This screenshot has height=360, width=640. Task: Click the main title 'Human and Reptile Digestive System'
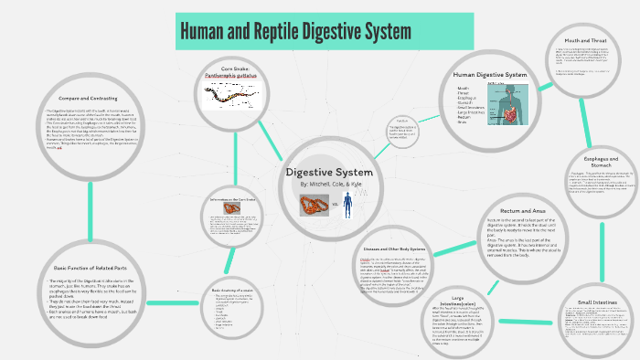pyautogui.click(x=295, y=32)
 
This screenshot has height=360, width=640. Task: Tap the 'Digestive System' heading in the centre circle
pyautogui.click(x=329, y=172)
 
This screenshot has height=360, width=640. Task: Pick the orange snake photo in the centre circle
pyautogui.click(x=315, y=205)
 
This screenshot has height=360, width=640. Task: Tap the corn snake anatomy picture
pyautogui.click(x=236, y=96)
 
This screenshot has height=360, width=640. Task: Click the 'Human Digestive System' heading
pyautogui.click(x=490, y=74)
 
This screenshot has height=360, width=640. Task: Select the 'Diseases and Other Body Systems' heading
pyautogui.click(x=395, y=249)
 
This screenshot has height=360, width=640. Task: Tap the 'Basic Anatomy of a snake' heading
pyautogui.click(x=225, y=290)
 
